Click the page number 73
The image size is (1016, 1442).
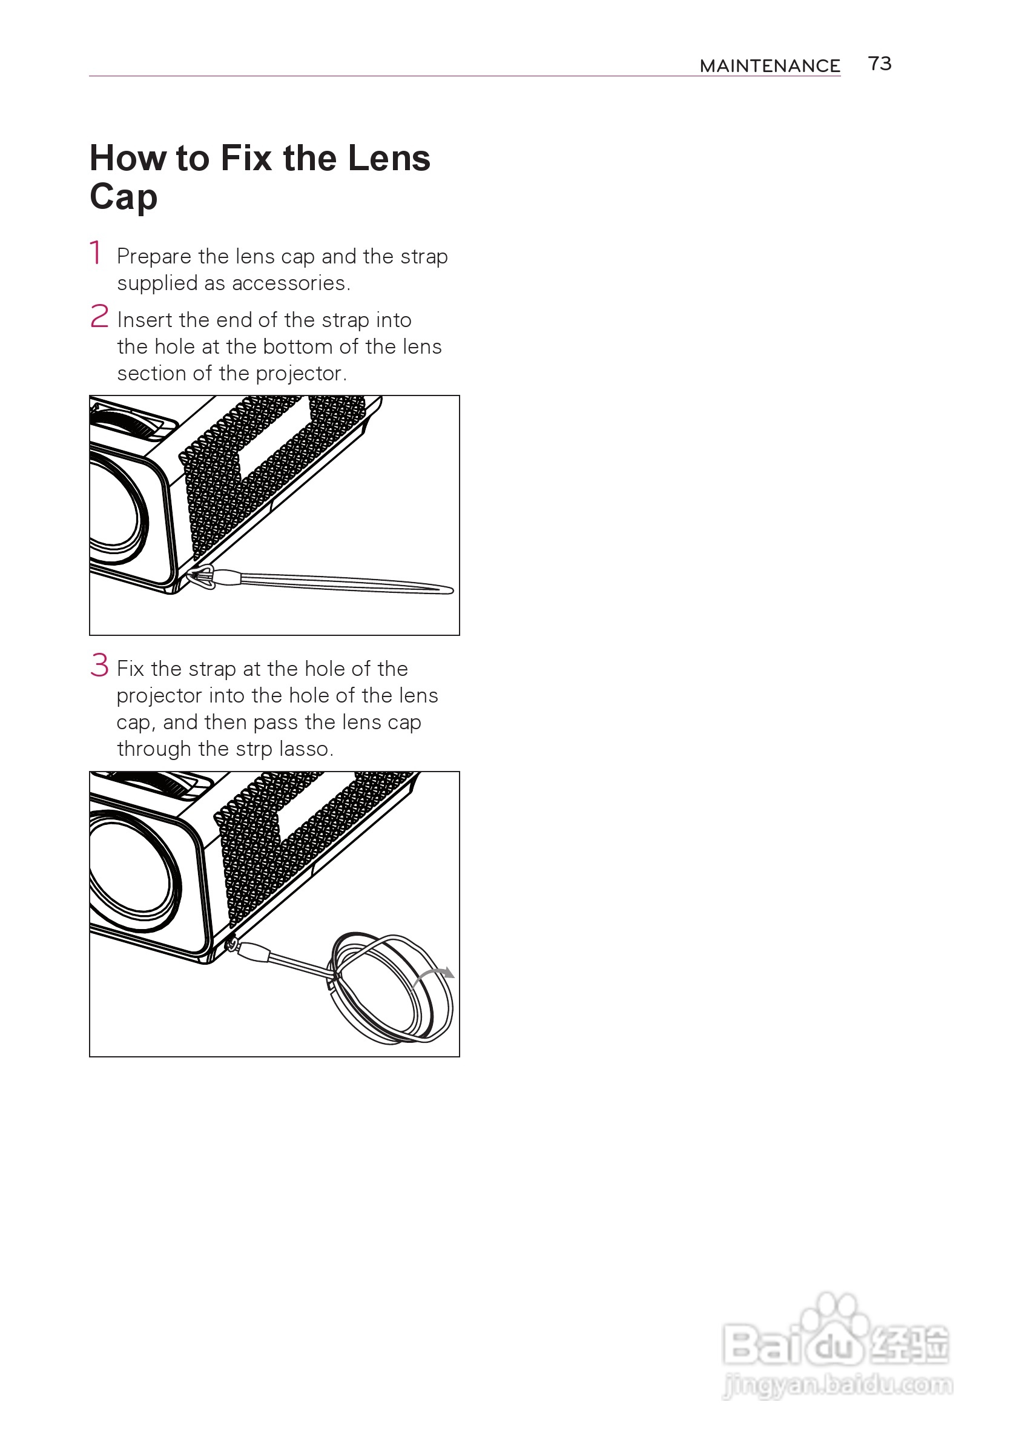[x=880, y=64]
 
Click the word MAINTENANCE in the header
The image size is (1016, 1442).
[x=770, y=66]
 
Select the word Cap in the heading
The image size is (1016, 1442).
[x=124, y=197]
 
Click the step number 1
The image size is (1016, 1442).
[x=96, y=253]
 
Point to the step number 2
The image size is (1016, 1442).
[x=99, y=316]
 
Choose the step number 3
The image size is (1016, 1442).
[x=99, y=665]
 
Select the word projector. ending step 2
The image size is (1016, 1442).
[x=302, y=374]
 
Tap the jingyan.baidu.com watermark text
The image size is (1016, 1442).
[x=837, y=1384]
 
